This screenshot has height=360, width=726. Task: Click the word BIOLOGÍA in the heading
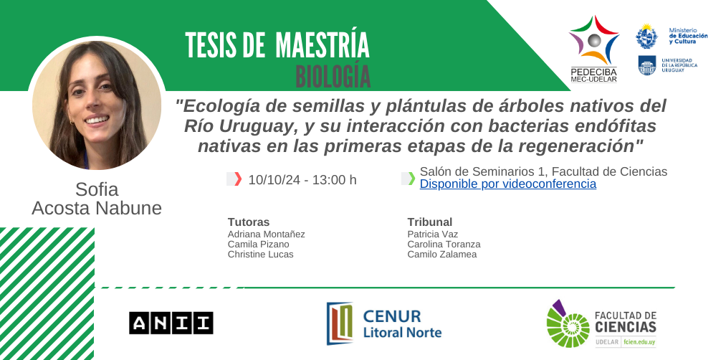point(333,77)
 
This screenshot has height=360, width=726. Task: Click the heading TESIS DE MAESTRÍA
point(277,45)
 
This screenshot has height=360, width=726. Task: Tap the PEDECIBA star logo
point(593,41)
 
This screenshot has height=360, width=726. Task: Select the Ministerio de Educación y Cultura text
point(688,36)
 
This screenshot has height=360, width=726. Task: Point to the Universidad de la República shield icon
point(647,65)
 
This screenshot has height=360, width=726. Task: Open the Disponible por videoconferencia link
point(508,184)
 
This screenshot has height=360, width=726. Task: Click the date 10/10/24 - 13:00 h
point(302,180)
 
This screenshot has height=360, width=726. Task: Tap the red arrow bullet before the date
point(238,179)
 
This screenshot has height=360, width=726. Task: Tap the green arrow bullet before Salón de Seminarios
point(411,179)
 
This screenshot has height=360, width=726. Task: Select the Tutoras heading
point(249,222)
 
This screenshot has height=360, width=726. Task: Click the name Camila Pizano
point(258,244)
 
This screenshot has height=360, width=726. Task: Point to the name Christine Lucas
point(261,255)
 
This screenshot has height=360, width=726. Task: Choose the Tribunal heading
point(430,222)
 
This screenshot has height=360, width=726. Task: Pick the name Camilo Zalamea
point(441,255)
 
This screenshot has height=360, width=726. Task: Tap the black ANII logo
point(171,323)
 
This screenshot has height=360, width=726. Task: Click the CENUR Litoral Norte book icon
point(340,323)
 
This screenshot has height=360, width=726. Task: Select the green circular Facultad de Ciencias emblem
point(568,324)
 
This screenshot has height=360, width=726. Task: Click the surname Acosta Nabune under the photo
point(97,209)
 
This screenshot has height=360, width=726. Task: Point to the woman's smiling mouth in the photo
point(96,120)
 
